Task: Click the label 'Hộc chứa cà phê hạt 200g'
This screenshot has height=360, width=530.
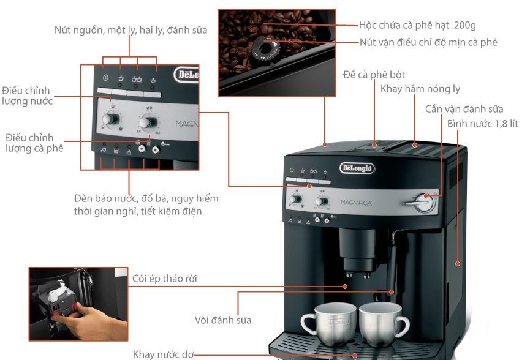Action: [x=417, y=25]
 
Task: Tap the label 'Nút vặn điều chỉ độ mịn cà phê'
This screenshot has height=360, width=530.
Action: [x=428, y=42]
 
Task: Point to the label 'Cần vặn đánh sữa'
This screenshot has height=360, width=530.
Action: [x=464, y=108]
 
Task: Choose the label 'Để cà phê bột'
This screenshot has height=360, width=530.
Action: [x=374, y=74]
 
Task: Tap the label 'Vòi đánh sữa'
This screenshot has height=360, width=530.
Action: [x=222, y=320]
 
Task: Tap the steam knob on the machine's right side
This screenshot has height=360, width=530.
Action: [x=423, y=202]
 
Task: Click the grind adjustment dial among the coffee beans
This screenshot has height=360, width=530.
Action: [x=266, y=46]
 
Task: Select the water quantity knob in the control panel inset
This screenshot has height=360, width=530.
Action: [x=111, y=118]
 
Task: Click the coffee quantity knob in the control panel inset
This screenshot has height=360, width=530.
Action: [x=148, y=118]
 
